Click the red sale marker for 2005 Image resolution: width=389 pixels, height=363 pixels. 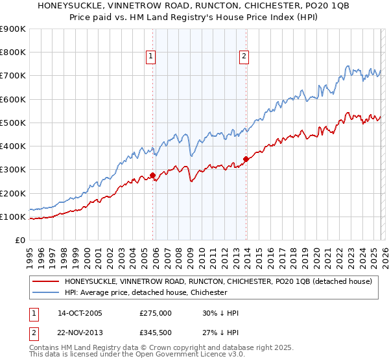pyautogui.click(x=152, y=175)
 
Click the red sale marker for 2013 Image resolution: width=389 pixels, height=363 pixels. pyautogui.click(x=246, y=159)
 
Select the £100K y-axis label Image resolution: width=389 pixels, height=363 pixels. pyautogui.click(x=13, y=217)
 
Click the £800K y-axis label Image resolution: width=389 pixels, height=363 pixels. pyautogui.click(x=13, y=53)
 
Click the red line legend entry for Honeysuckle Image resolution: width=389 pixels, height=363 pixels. pyautogui.click(x=218, y=281)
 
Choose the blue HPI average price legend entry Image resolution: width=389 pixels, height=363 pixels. pyautogui.click(x=146, y=292)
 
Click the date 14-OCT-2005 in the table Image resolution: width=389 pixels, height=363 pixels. pyautogui.click(x=80, y=313)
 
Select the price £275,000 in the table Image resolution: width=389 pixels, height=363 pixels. pyautogui.click(x=155, y=313)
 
